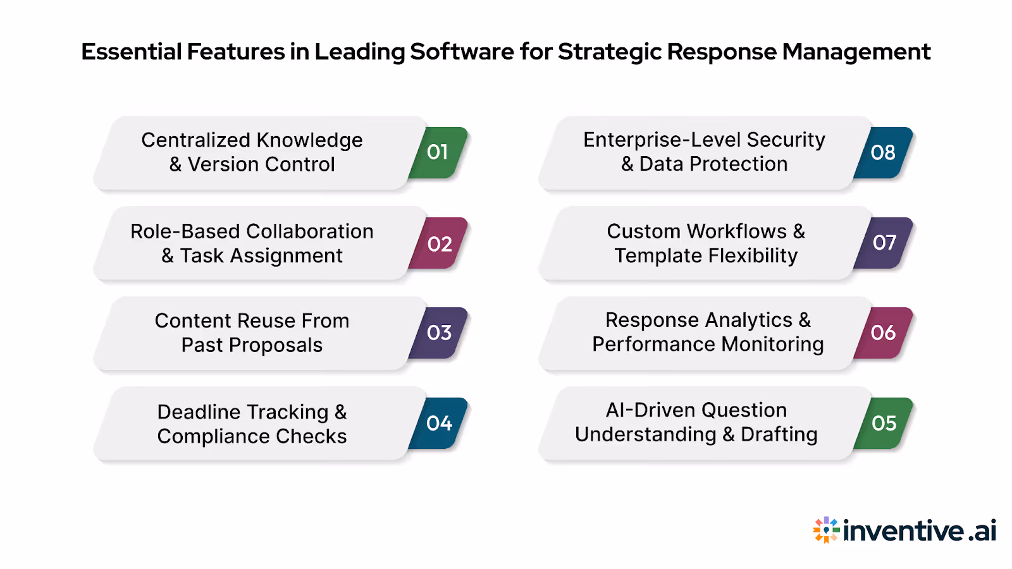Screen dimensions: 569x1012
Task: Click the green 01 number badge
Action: (438, 152)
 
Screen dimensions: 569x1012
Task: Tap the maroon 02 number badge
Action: (440, 243)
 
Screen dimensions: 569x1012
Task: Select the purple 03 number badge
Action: (440, 333)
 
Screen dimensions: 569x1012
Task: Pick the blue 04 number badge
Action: (440, 423)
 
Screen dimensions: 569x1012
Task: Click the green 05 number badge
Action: (884, 423)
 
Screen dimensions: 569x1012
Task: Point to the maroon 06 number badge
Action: (884, 333)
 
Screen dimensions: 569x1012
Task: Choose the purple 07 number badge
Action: (884, 243)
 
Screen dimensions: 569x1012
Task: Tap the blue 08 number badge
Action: (884, 152)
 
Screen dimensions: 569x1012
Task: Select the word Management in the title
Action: (856, 52)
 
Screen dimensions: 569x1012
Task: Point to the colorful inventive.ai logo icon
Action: (826, 530)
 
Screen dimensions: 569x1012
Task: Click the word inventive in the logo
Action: (903, 530)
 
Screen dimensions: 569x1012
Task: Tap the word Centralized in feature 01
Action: (195, 140)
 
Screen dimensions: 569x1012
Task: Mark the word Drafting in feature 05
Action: (779, 434)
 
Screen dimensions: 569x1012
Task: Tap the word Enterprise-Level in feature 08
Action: (662, 140)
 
